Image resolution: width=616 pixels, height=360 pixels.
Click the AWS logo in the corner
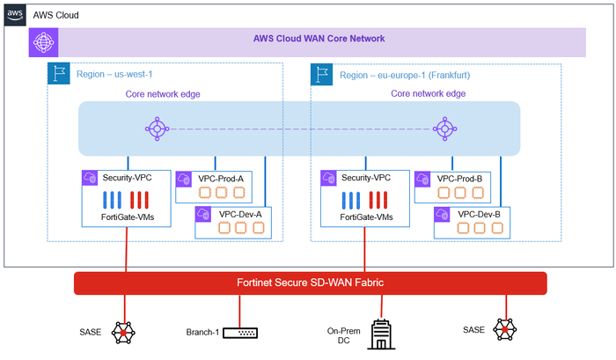[15, 15]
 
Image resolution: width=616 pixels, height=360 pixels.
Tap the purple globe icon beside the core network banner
[42, 41]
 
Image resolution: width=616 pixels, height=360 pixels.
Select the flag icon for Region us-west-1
[57, 75]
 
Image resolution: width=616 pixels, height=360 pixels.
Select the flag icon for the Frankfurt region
[321, 75]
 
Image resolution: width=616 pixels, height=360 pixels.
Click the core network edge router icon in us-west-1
[157, 129]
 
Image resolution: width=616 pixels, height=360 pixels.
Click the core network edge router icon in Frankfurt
[443, 129]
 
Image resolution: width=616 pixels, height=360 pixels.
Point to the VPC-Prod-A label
[221, 179]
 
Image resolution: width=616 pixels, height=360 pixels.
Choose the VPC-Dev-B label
[479, 214]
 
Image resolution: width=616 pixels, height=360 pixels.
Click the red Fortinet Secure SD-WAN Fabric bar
[311, 283]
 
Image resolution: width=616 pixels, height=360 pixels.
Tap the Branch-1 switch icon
[239, 332]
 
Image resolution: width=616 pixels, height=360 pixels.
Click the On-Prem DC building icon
[381, 334]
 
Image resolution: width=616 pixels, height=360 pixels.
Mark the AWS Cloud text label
[55, 15]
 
